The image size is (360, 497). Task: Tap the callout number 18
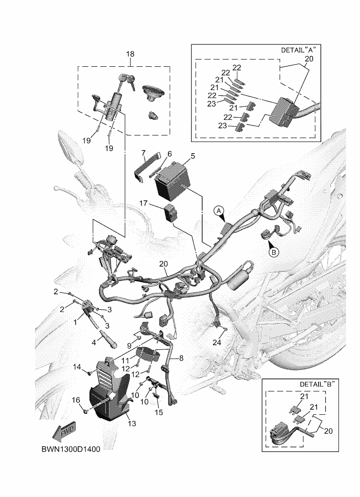click(130, 54)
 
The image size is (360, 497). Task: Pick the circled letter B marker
click(274, 252)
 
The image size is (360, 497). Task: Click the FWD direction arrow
click(64, 432)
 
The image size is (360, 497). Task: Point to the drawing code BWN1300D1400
click(71, 449)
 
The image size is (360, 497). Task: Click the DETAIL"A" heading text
click(299, 50)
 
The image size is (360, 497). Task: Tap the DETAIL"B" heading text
click(317, 384)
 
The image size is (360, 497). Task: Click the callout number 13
click(132, 423)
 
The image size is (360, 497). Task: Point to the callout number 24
click(217, 343)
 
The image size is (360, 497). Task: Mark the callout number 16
click(76, 400)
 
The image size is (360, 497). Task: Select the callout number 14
click(77, 367)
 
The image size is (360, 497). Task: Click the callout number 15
click(158, 412)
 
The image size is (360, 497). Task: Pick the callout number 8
click(181, 358)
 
